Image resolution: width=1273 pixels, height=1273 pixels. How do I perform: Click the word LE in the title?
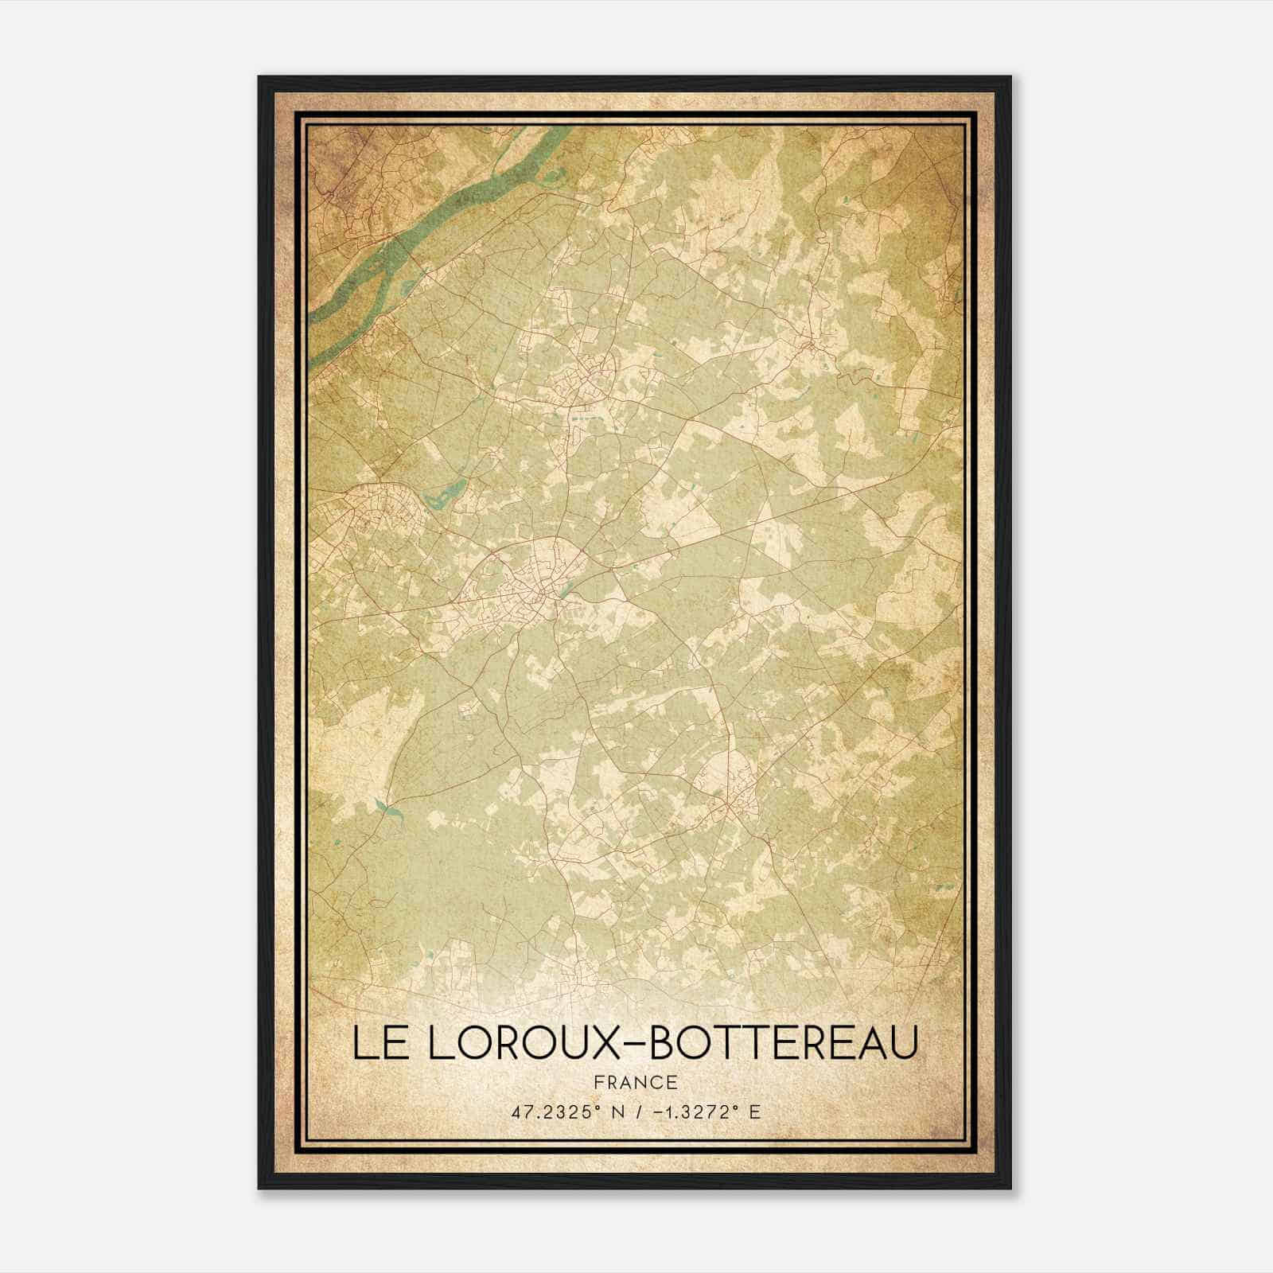pos(377,1043)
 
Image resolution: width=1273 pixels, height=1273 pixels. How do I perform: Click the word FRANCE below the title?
pos(636,1082)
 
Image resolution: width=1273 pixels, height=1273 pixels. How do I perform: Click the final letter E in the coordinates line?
pos(754,1111)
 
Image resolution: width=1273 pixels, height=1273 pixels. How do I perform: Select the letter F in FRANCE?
pos(598,1082)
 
